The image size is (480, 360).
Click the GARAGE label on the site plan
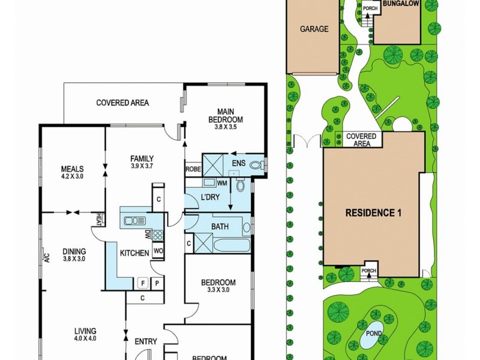(x=314, y=28)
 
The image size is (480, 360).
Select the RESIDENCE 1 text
(x=373, y=212)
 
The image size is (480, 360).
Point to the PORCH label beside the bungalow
(x=370, y=8)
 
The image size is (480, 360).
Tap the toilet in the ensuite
(x=256, y=166)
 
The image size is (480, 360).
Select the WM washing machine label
(x=221, y=182)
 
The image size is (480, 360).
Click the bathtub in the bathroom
(x=228, y=245)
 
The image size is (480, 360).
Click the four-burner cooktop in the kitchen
(x=158, y=235)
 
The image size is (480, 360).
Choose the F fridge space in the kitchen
(x=143, y=283)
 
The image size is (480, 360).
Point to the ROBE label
(x=193, y=169)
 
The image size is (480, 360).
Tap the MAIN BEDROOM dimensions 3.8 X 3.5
(x=226, y=127)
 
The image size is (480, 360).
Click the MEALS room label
(x=72, y=169)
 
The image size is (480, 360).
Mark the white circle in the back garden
(x=402, y=124)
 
